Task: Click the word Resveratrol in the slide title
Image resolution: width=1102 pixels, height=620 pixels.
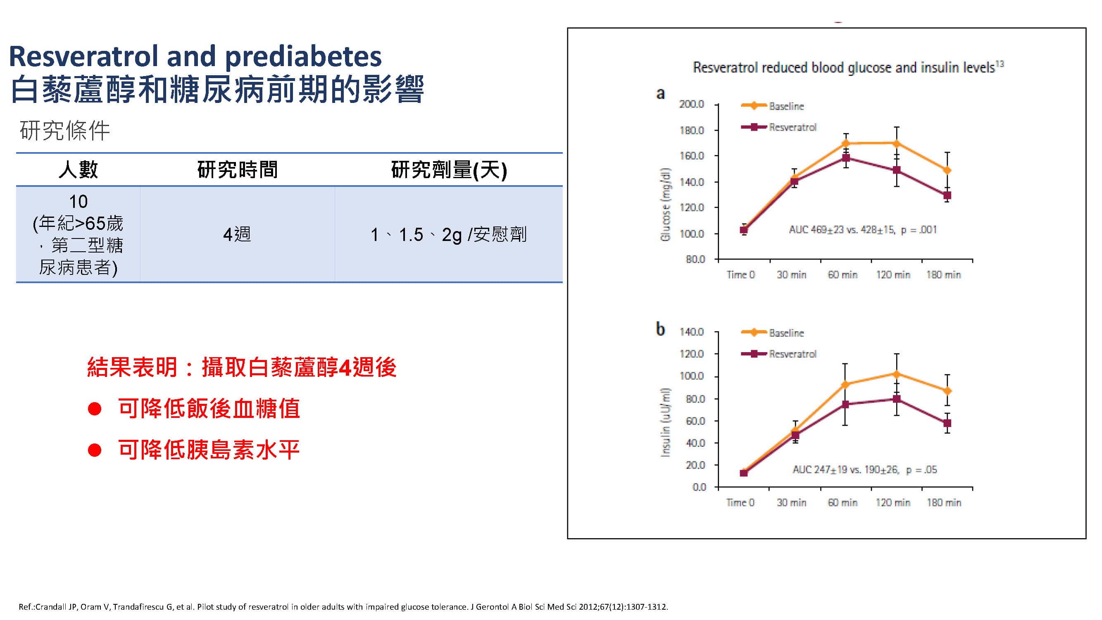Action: click(84, 57)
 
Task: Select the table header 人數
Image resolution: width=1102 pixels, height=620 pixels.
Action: click(78, 170)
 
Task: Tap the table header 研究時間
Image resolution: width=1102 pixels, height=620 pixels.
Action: click(238, 170)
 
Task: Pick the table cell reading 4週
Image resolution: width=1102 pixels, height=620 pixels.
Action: click(237, 234)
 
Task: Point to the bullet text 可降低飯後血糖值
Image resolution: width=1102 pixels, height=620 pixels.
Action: click(209, 408)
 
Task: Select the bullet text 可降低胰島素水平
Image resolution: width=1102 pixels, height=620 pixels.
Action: click(209, 450)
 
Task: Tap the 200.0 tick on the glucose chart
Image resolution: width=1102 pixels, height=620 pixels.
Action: click(691, 105)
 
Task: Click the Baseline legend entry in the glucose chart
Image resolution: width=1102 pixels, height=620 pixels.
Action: click(786, 106)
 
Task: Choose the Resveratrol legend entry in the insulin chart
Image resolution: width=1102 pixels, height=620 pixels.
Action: click(792, 354)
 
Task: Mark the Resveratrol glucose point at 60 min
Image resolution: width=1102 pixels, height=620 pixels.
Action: click(846, 158)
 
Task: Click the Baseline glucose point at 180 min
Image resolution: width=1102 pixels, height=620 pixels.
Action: click(947, 170)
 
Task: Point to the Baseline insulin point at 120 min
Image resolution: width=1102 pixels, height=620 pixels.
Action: click(897, 374)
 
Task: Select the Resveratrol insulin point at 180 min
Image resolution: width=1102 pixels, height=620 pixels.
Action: click(947, 423)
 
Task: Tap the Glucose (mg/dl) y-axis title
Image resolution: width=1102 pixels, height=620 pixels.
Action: click(665, 204)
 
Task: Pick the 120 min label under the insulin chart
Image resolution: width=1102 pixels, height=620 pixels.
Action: click(893, 502)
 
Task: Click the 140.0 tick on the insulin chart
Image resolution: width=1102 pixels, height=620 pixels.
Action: click(691, 332)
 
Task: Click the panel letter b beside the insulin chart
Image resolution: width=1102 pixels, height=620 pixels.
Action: click(661, 329)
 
